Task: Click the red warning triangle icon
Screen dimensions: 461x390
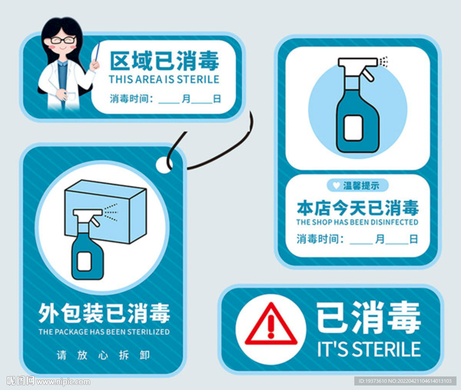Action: pos(271,325)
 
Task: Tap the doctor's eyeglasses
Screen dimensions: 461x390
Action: pos(63,40)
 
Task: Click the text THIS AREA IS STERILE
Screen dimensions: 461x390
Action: pos(164,79)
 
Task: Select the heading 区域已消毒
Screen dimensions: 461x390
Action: pos(164,60)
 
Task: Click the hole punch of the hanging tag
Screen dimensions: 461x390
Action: pos(164,165)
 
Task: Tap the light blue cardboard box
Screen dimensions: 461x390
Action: pos(106,211)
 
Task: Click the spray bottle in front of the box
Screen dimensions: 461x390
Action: pos(88,244)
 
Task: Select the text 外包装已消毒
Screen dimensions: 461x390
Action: pos(104,313)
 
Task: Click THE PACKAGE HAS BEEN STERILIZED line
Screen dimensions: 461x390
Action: pos(104,332)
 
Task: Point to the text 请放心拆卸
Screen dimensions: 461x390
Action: pos(103,355)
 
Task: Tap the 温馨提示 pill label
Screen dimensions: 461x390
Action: pos(357,185)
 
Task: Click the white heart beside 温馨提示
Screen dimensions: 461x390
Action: pos(336,185)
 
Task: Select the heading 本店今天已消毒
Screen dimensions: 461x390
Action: pos(357,208)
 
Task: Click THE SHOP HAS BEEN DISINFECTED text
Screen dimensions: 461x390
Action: pos(357,222)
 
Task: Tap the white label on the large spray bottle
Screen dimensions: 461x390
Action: pos(353,128)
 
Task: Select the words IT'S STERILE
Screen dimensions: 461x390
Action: pos(369,349)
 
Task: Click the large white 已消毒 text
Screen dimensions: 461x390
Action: pos(369,317)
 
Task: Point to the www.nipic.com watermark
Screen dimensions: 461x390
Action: pos(63,382)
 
